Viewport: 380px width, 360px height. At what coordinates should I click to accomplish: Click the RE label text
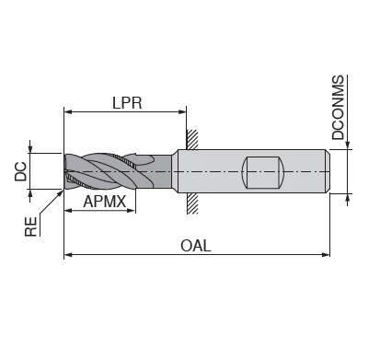point(30,225)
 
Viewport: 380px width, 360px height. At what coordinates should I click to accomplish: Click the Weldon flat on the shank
point(259,171)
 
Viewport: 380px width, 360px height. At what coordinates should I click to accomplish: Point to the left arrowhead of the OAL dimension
point(68,255)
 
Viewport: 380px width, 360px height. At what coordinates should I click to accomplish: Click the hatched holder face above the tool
point(191,139)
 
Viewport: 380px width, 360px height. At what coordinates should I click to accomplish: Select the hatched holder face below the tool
point(191,203)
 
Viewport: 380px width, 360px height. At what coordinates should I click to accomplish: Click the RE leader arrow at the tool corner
point(61,192)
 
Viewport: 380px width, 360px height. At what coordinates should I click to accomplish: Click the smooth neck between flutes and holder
point(163,170)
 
